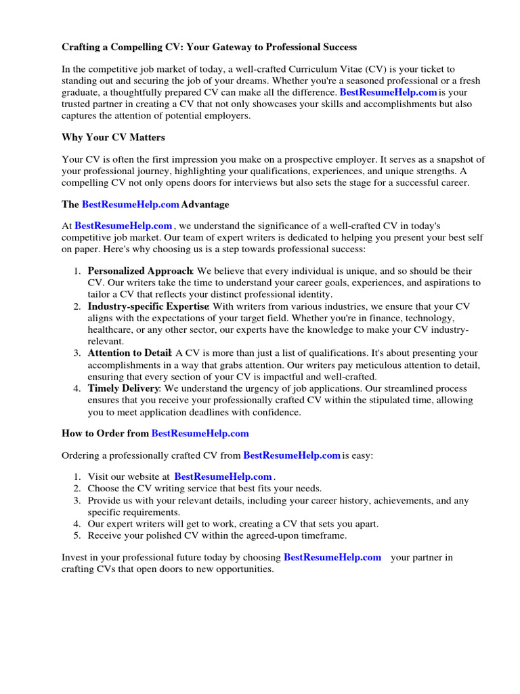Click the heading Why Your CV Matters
[x=113, y=138]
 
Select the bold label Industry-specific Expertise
[x=148, y=307]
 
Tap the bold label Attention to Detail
[x=131, y=353]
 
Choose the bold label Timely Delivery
[x=123, y=388]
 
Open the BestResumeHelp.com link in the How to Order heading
[x=200, y=433]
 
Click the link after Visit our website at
[x=223, y=477]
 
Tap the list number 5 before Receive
[x=77, y=535]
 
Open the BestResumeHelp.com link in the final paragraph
[x=332, y=558]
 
